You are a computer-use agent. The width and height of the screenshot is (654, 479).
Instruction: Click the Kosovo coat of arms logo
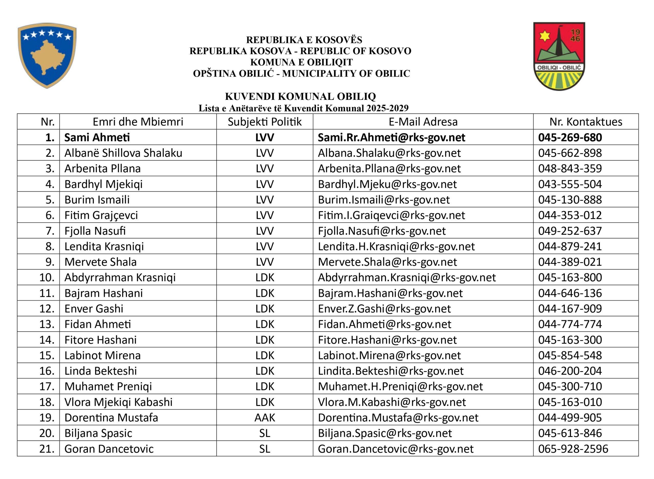click(x=47, y=55)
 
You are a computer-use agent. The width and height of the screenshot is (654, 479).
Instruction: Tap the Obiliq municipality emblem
click(x=559, y=56)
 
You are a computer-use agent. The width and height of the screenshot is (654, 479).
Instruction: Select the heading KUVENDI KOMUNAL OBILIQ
click(x=300, y=96)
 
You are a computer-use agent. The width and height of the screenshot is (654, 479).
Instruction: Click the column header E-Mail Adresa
click(x=423, y=122)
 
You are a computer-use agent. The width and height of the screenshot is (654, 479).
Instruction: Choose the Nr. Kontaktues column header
click(x=586, y=122)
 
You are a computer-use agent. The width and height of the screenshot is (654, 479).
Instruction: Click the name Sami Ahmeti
click(x=97, y=138)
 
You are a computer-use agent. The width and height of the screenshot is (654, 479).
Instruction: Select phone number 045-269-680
click(x=570, y=138)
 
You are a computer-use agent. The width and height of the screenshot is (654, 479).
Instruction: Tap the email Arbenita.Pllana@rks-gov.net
click(x=389, y=168)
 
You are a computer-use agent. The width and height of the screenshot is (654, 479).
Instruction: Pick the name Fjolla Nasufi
click(x=95, y=231)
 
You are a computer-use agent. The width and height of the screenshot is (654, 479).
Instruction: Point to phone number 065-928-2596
click(x=573, y=449)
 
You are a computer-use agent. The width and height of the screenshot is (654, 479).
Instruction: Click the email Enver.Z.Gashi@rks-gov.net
click(x=384, y=309)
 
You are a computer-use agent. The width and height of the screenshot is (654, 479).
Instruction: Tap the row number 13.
click(x=47, y=324)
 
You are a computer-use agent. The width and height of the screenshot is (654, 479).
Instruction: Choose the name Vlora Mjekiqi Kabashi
click(x=118, y=402)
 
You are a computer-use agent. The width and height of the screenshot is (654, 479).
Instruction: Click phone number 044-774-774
click(x=570, y=324)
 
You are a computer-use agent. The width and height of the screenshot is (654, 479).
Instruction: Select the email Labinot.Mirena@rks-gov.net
click(x=389, y=356)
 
